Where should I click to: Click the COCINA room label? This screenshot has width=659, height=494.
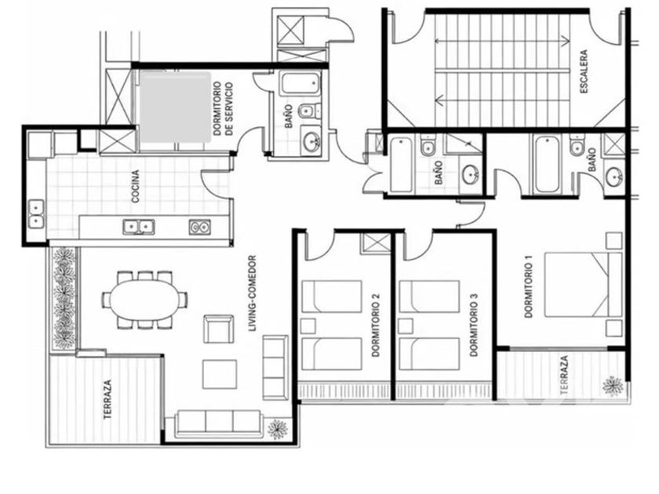(x=135, y=187)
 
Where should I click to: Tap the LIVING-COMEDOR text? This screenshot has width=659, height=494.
(x=252, y=293)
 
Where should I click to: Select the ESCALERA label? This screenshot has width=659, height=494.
(x=584, y=71)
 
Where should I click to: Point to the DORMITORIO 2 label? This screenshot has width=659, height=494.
(x=376, y=325)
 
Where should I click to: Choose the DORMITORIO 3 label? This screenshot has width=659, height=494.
(x=474, y=325)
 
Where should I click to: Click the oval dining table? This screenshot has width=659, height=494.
(x=144, y=300)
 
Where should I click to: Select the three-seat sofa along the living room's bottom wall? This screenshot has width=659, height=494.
(x=219, y=423)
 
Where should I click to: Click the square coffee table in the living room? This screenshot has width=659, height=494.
(x=220, y=374)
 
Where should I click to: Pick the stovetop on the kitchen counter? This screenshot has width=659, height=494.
(x=199, y=227)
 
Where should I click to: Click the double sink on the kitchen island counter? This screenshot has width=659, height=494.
(x=139, y=227)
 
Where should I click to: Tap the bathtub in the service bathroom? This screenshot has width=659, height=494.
(x=299, y=84)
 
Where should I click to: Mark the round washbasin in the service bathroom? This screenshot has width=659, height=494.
(x=311, y=140)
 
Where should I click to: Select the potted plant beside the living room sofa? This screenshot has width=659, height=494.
(x=278, y=428)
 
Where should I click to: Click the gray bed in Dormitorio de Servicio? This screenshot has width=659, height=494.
(x=175, y=107)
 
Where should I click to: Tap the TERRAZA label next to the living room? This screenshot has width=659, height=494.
(x=107, y=399)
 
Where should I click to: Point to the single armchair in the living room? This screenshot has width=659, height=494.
(x=218, y=329)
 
